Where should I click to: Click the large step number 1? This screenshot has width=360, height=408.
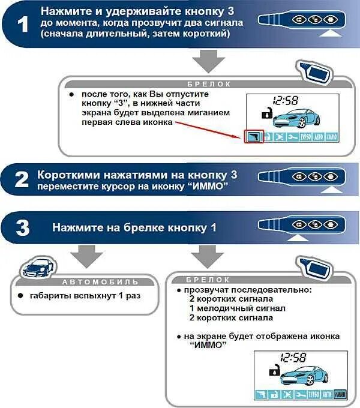[x=22, y=26]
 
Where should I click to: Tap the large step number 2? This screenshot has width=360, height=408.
[x=22, y=179]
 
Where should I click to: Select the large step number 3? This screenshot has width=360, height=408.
[x=22, y=229]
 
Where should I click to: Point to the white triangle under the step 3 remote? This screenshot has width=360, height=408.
[x=295, y=239]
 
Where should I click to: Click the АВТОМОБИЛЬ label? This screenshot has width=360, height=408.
[x=101, y=281]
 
